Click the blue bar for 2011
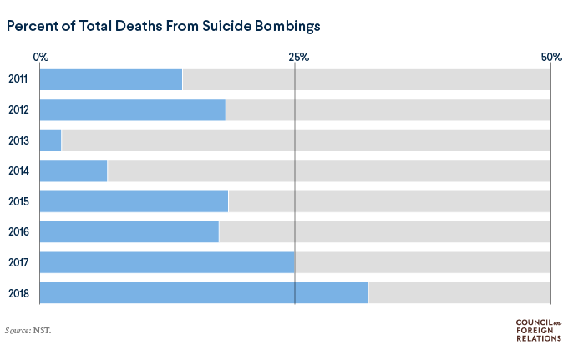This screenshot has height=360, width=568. click(111, 80)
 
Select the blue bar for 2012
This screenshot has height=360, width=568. click(133, 110)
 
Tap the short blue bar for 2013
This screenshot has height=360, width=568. click(51, 140)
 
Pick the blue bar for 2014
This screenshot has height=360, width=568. click(74, 171)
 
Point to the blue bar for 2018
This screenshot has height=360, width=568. click(204, 293)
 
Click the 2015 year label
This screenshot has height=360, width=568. click(19, 201)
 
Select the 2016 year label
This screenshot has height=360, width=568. click(19, 232)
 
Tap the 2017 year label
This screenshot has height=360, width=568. click(19, 262)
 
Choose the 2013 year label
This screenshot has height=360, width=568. click(19, 140)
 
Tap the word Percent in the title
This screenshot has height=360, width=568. click(32, 26)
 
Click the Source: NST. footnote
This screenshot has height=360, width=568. click(28, 331)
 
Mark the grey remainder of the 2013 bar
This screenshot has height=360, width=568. click(306, 140)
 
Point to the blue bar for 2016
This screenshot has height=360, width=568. click(129, 232)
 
